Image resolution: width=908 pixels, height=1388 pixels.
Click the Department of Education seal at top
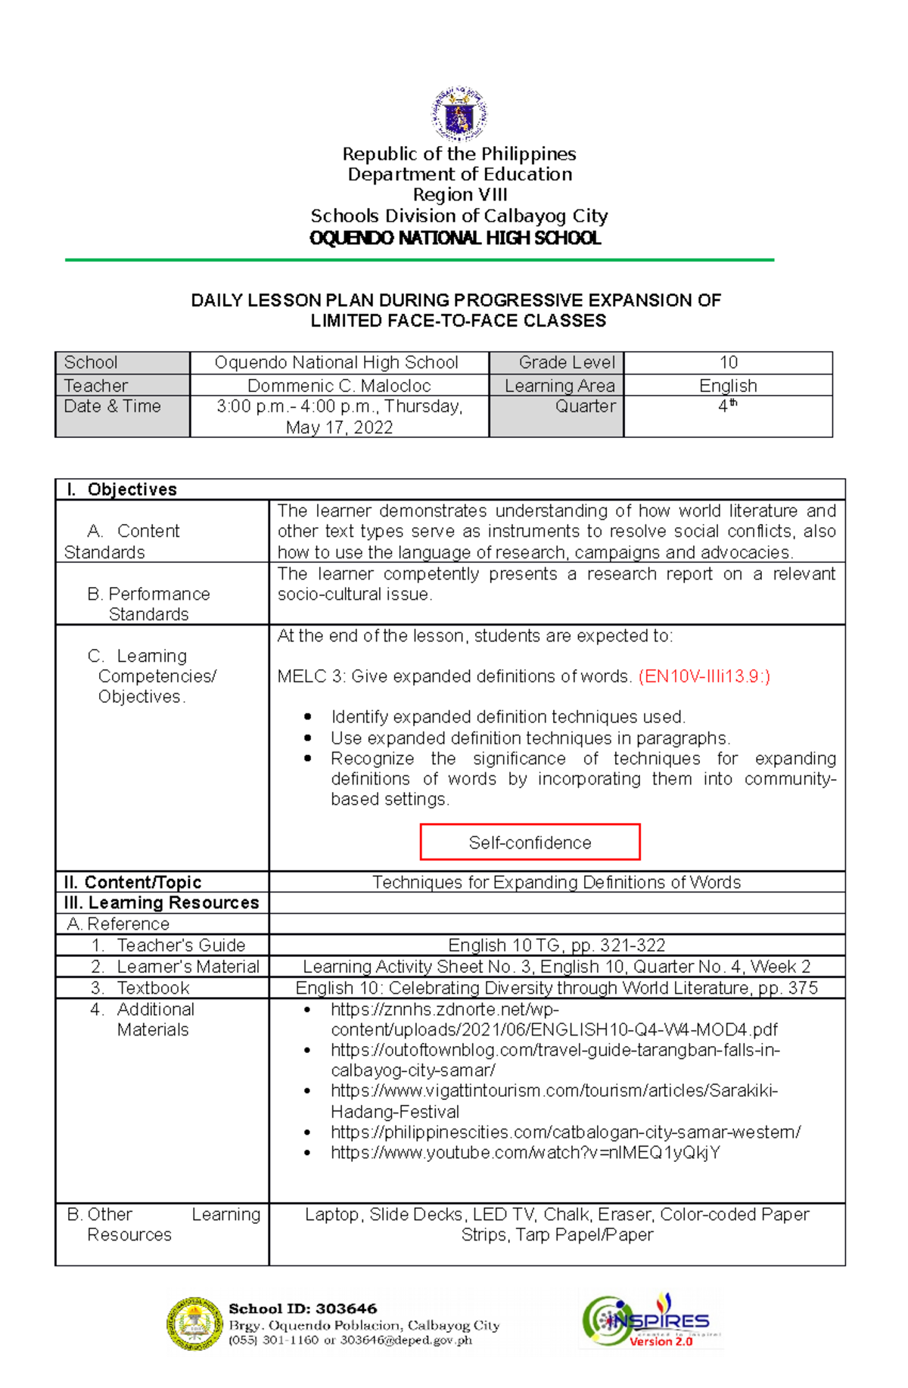click(459, 113)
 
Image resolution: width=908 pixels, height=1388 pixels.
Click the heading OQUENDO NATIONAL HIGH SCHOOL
click(456, 238)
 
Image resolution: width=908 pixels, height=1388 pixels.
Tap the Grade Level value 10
click(728, 362)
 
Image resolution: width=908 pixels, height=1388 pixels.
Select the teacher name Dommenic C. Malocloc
click(339, 386)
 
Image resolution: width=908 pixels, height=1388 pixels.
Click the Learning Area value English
click(728, 386)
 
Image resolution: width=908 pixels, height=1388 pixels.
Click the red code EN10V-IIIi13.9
click(704, 676)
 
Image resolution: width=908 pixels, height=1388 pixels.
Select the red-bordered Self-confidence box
click(530, 842)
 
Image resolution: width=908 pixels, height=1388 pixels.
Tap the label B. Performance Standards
click(148, 604)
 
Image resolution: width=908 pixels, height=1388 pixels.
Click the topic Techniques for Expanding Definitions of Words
click(556, 882)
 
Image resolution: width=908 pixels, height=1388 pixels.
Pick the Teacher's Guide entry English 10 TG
click(556, 945)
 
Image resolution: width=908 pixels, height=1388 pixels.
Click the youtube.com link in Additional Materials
click(525, 1153)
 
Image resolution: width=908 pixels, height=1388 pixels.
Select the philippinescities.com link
click(565, 1132)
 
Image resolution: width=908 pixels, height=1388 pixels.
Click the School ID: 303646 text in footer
click(303, 1309)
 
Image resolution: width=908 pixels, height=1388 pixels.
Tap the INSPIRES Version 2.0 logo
click(651, 1321)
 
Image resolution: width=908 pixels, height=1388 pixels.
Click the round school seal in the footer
click(194, 1324)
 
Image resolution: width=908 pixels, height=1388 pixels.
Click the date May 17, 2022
click(339, 427)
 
